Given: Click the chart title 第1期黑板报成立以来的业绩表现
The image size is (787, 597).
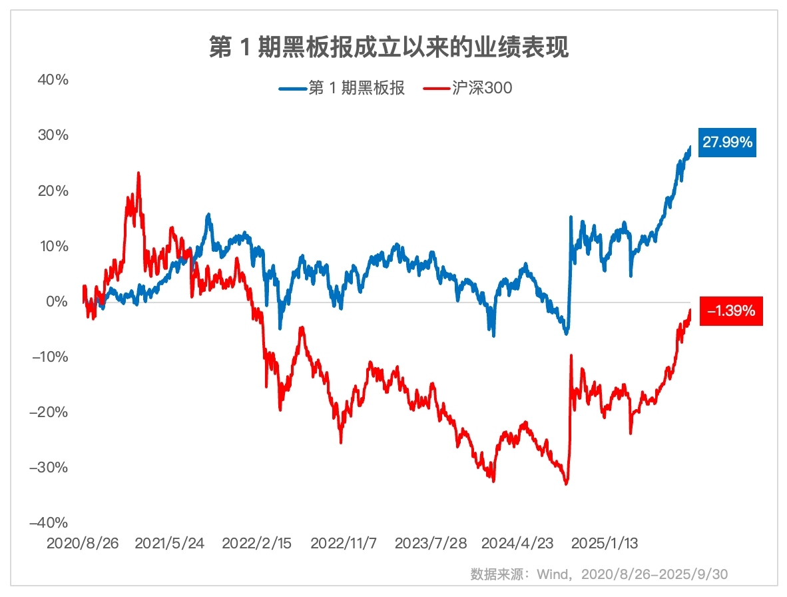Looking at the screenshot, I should (x=389, y=47).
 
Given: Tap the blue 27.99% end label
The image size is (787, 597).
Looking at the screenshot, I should (x=728, y=142).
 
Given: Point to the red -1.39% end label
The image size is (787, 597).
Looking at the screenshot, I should (x=730, y=310).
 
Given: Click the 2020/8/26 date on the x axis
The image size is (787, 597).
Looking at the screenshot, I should (x=83, y=543).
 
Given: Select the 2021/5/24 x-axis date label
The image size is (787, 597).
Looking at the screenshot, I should (x=170, y=543).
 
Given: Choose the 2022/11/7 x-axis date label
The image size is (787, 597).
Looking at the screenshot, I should (x=344, y=543).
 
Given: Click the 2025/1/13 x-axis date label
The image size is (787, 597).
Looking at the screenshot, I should (x=605, y=543).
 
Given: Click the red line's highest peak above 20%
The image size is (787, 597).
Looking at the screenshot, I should (x=138, y=173).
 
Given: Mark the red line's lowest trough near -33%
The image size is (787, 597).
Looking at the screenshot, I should (x=566, y=484).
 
